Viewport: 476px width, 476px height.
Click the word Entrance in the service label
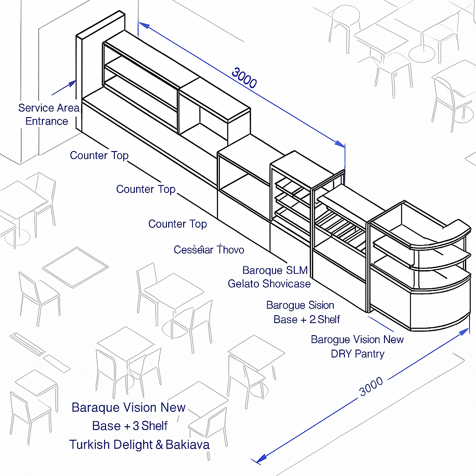point(46,121)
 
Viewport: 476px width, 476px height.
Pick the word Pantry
point(371,354)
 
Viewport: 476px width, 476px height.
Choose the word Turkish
point(90,445)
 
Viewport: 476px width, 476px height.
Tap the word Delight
point(132,445)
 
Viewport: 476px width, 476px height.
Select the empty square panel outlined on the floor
point(75,267)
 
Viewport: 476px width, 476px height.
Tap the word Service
point(36,108)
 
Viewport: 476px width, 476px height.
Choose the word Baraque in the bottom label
point(94,408)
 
